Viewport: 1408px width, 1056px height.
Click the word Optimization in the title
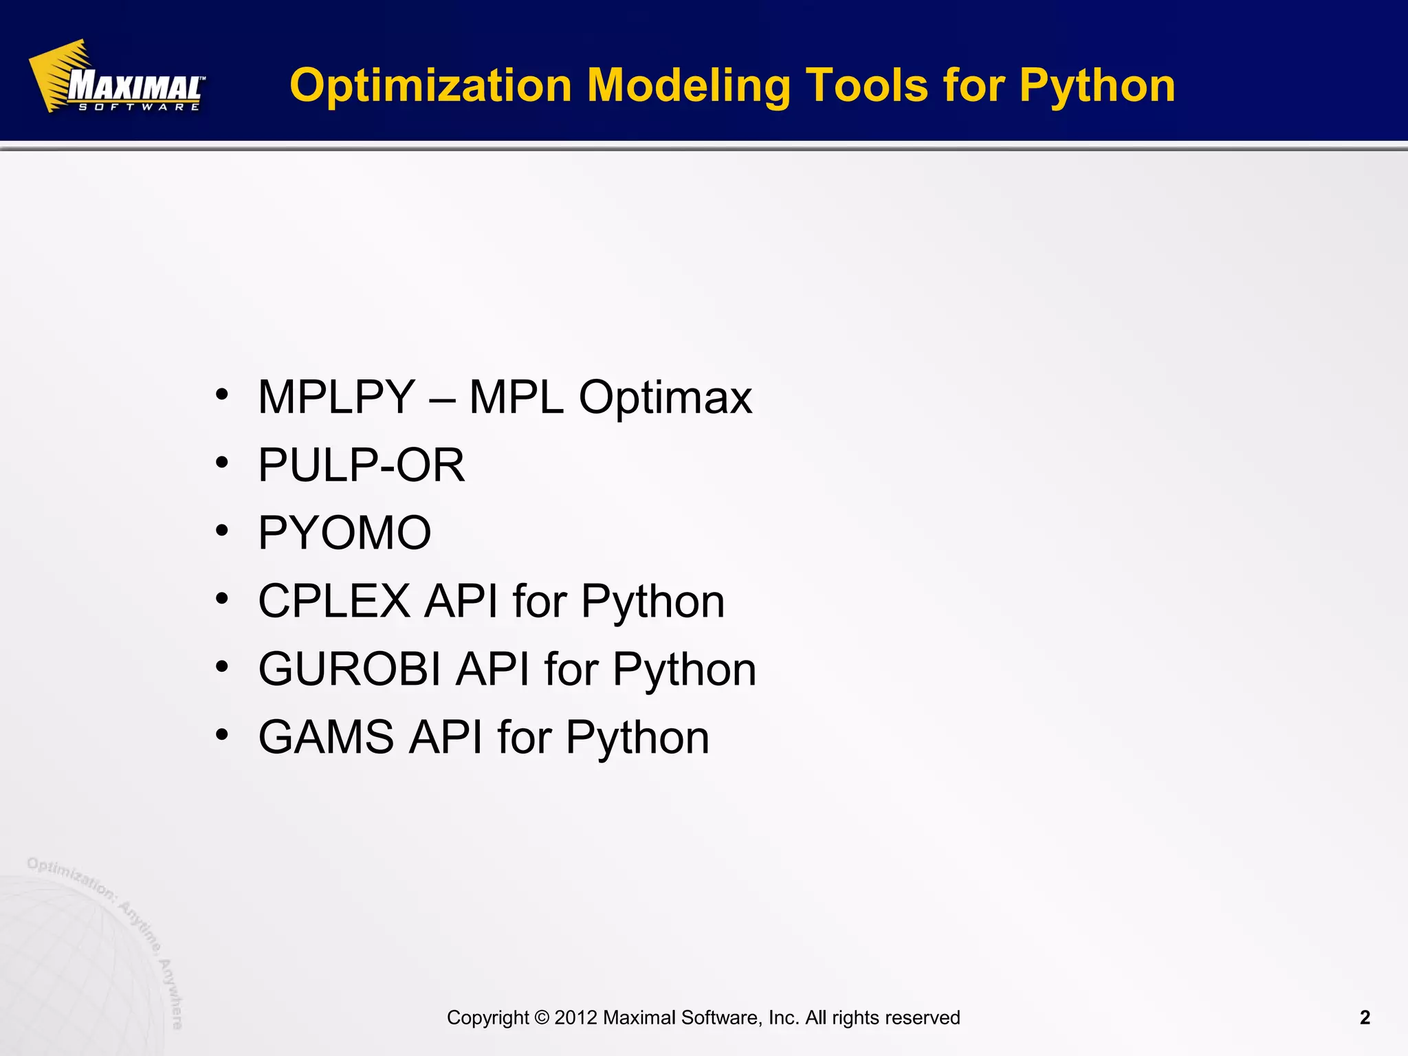(x=430, y=86)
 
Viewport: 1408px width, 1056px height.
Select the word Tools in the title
(x=866, y=86)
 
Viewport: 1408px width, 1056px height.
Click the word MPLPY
(x=336, y=397)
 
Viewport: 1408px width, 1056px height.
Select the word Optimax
(x=665, y=397)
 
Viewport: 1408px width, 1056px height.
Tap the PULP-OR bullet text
(x=361, y=465)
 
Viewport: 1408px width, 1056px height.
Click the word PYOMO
(x=344, y=533)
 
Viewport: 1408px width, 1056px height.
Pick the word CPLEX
(x=334, y=601)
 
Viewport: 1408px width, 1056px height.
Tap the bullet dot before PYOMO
(x=221, y=531)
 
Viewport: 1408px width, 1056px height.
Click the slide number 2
(x=1365, y=1017)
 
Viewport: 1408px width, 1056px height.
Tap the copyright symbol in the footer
(x=542, y=1017)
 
